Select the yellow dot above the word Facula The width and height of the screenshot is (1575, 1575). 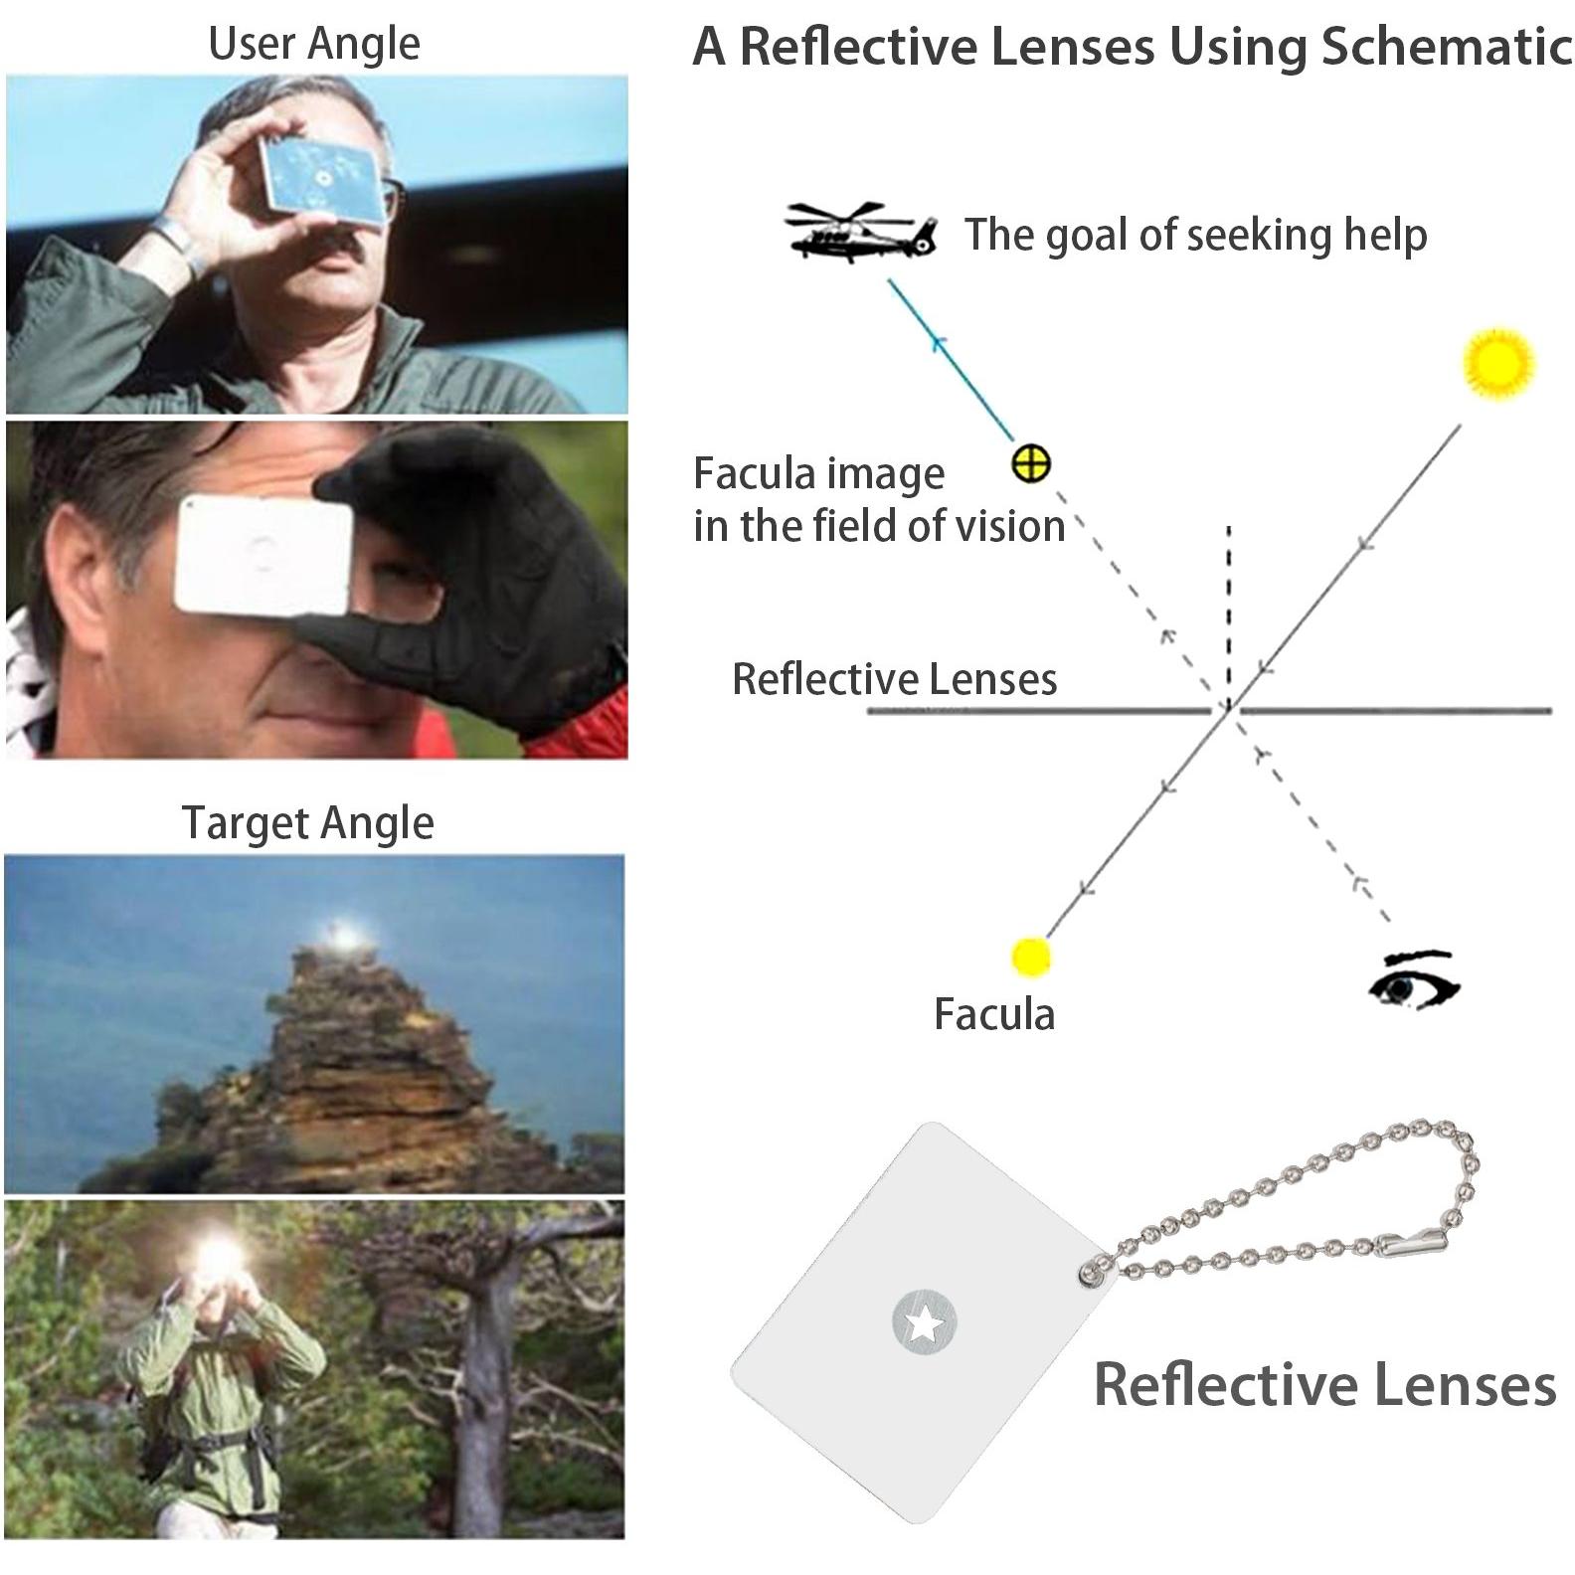tap(1030, 957)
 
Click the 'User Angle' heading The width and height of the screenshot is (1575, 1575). tap(314, 44)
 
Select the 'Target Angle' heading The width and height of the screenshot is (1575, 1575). tap(308, 823)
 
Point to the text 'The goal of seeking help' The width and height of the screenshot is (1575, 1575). tap(1196, 235)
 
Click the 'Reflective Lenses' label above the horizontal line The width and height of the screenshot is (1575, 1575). tap(895, 679)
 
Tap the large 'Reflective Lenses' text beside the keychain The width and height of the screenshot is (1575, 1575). tap(1324, 1384)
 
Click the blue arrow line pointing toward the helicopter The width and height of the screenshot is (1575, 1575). tap(952, 360)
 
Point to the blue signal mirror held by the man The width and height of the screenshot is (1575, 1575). tap(320, 177)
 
